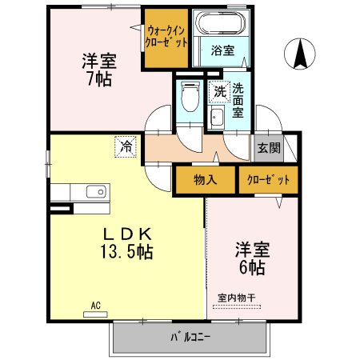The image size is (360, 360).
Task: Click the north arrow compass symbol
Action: [300, 54]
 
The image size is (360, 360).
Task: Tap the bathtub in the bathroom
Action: [220, 23]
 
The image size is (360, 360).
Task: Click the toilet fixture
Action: [190, 96]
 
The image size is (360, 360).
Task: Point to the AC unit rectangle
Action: [95, 314]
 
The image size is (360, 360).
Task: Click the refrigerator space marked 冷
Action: [126, 146]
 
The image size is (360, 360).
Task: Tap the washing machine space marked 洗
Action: [220, 92]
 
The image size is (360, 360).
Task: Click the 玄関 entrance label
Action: [269, 148]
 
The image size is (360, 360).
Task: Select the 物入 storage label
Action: [205, 180]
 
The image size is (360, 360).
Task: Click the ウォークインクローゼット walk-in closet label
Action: [166, 37]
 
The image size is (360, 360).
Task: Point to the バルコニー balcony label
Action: [190, 337]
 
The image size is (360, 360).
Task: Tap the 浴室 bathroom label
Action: [222, 50]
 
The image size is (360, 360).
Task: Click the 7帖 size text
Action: [99, 78]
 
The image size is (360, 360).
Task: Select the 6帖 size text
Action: [252, 267]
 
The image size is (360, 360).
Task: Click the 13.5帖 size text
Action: [126, 252]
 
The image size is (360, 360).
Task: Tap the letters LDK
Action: [127, 234]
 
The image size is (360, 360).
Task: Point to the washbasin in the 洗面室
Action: [216, 118]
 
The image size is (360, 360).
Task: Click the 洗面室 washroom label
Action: [238, 101]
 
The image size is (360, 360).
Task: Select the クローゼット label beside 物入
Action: [268, 180]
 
